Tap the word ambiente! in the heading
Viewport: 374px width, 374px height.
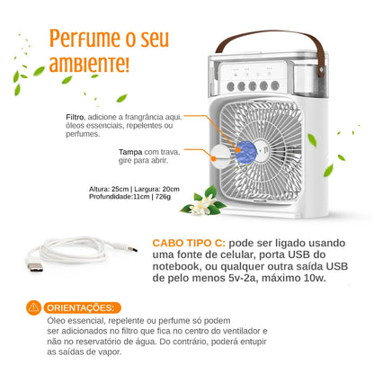coord(89,65)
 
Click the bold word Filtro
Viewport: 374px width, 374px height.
coord(75,117)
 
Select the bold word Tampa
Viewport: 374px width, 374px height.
coord(130,152)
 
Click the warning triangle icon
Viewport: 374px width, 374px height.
coord(34,307)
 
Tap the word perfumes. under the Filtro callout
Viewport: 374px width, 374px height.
coord(83,134)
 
